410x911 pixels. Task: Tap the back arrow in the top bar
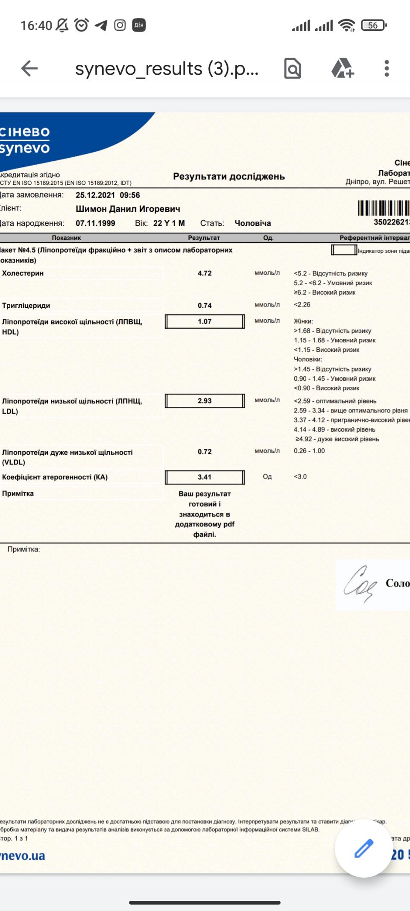point(29,68)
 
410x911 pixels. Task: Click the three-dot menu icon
point(387,68)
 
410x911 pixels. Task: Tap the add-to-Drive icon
point(343,68)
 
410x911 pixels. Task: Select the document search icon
point(293,68)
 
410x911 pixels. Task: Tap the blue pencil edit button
point(363,848)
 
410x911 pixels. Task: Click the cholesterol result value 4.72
point(205,273)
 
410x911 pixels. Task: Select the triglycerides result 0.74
point(205,305)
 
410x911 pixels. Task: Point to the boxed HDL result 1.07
point(205,321)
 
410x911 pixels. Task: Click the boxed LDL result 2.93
point(205,401)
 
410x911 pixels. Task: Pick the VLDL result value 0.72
point(205,452)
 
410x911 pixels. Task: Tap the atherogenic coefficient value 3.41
point(205,477)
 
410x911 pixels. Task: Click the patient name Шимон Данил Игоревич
point(128,209)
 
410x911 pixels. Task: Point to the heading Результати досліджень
point(228,176)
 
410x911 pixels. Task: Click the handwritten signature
point(360,584)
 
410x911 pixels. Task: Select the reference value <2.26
point(302,305)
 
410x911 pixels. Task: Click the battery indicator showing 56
point(373,25)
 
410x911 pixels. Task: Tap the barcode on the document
point(384,208)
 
